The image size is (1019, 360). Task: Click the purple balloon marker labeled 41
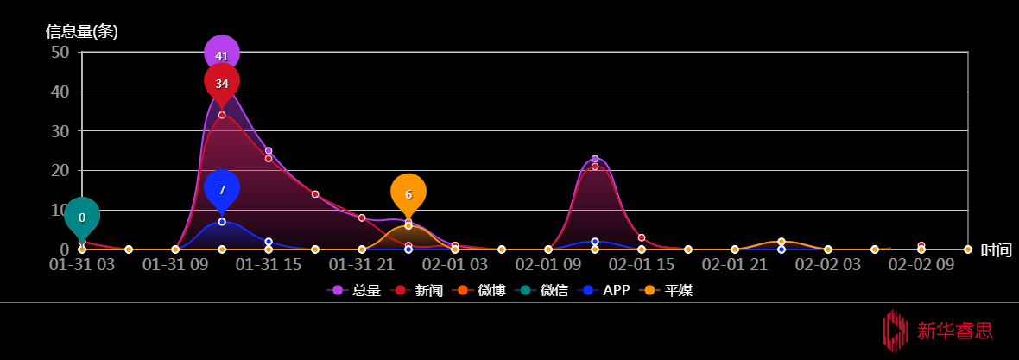pos(222,54)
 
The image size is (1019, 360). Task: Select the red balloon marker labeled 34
pos(222,82)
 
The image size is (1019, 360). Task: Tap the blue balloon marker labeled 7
pos(222,189)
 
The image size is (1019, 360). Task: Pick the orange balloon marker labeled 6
pos(408,193)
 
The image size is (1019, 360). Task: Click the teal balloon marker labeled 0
pos(82,217)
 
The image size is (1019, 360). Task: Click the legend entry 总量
pos(353,290)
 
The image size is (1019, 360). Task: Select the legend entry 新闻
pos(416,290)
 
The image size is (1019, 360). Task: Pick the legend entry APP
pos(603,290)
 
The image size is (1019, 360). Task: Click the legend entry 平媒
pos(666,290)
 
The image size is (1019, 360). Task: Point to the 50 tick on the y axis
pos(60,52)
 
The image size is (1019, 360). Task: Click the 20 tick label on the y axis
pos(60,170)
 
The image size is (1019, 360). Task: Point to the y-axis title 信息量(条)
pos(82,31)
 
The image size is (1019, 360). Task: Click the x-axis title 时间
pos(997,250)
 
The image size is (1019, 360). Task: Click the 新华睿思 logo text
pos(955,331)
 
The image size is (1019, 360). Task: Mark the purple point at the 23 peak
pos(595,159)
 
